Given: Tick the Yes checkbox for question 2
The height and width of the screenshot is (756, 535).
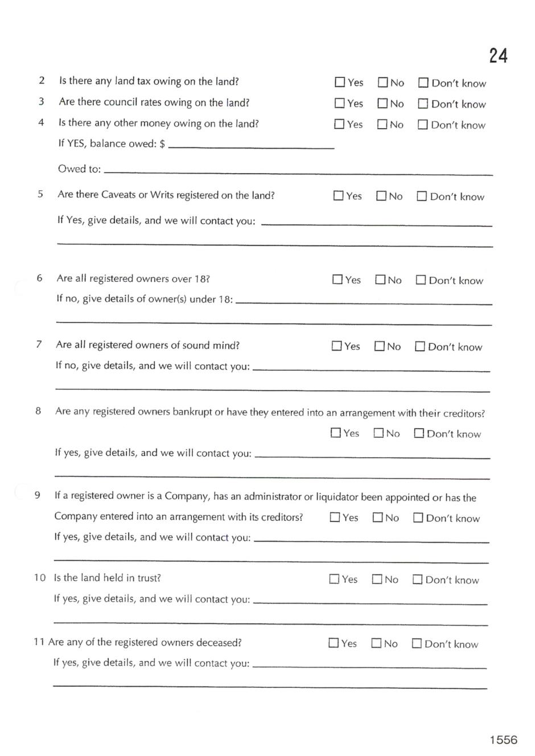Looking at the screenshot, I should (x=340, y=83).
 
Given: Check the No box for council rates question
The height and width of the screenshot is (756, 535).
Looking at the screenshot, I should (x=382, y=104).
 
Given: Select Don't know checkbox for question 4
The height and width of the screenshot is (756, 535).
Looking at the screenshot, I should (x=423, y=125).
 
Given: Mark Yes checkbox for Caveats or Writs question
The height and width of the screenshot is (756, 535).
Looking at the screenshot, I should (x=338, y=196).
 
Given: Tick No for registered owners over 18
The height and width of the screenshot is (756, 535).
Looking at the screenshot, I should (x=380, y=280).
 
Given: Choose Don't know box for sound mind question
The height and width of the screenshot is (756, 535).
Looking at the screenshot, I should (x=420, y=347).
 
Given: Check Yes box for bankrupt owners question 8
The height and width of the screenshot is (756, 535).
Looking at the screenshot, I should (x=336, y=433).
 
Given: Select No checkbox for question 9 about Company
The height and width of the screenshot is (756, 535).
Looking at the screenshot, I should (x=378, y=517).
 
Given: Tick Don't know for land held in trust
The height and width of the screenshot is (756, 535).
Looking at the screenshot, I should (x=417, y=580).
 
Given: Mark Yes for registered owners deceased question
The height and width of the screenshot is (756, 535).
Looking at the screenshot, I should (x=334, y=643).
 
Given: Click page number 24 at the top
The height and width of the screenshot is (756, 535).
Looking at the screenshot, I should (x=498, y=56).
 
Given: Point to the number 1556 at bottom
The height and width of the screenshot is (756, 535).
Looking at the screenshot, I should (x=504, y=739).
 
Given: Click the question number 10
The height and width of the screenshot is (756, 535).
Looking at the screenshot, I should (x=39, y=578).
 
